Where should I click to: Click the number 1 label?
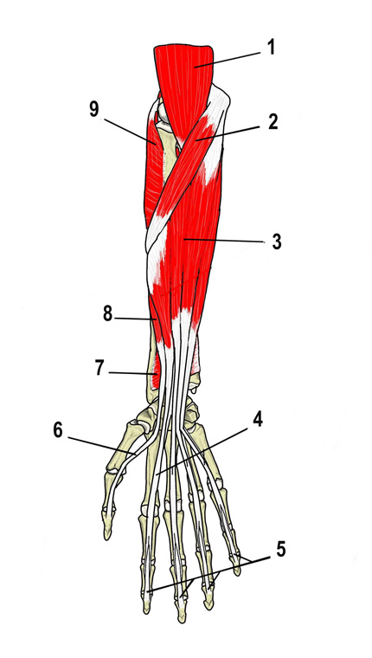(272, 48)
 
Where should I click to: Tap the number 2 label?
(273, 122)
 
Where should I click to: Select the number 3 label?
(276, 242)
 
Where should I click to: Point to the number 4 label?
(259, 420)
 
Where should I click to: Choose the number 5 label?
(280, 549)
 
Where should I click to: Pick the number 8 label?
(108, 315)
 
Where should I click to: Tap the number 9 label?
(95, 110)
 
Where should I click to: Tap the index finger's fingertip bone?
(145, 604)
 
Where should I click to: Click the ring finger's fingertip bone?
(208, 600)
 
